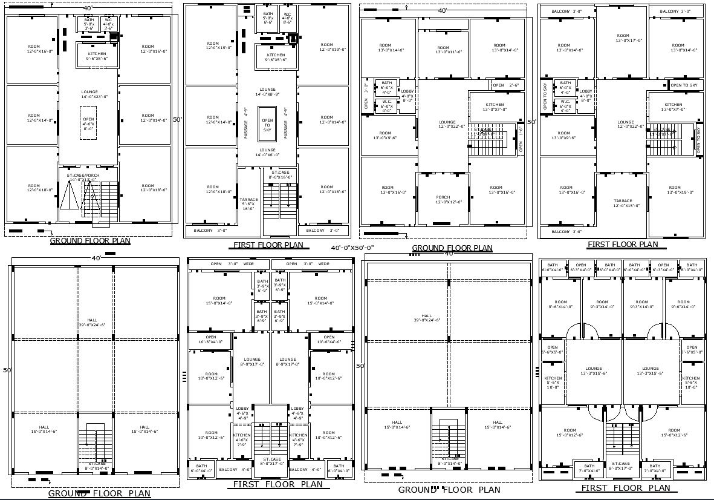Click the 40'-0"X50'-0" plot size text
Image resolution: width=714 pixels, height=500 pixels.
pyautogui.click(x=353, y=248)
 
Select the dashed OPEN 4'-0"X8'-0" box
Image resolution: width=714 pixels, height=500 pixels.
pyautogui.click(x=89, y=123)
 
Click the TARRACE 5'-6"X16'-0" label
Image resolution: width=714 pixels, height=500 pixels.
pyautogui.click(x=249, y=203)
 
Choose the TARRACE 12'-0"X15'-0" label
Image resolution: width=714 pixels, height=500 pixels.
pyautogui.click(x=623, y=203)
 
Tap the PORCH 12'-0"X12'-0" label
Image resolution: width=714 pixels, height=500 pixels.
pyautogui.click(x=443, y=200)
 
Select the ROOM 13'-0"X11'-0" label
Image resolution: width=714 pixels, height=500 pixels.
pyautogui.click(x=443, y=50)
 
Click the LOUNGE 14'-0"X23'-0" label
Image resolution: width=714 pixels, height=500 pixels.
pyautogui.click(x=89, y=94)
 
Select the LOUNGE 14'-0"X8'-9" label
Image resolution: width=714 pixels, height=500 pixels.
pyautogui.click(x=267, y=92)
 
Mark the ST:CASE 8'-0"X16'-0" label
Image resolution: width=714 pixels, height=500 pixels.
pyautogui.click(x=279, y=175)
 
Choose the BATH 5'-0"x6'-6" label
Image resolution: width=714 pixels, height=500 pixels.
pyautogui.click(x=268, y=16)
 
